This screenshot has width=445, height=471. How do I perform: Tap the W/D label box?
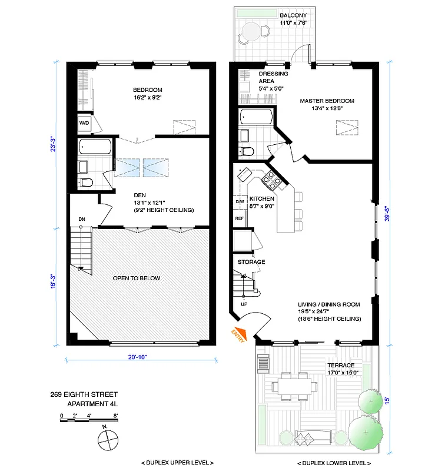pos(84,124)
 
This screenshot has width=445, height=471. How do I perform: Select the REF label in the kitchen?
pos(240,218)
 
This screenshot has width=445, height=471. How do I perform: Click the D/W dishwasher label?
pos(240,202)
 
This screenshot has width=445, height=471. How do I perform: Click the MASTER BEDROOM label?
pos(327,101)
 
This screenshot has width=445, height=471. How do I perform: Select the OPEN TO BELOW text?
pos(136,278)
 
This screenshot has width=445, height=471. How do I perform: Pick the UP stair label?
pos(244,304)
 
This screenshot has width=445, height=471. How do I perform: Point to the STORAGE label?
pos(251,261)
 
